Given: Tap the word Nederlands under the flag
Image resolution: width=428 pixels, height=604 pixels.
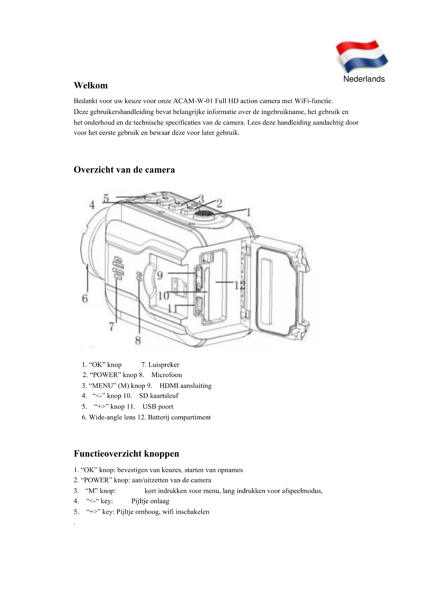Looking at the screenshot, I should click(364, 79).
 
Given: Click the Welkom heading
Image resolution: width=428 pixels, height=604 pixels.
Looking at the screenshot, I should click(91, 85).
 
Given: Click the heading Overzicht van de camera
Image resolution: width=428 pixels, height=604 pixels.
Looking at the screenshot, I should click(124, 170).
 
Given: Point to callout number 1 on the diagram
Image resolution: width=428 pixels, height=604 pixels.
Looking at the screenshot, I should click(248, 212).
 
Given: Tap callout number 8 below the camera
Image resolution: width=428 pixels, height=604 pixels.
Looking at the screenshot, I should click(138, 340).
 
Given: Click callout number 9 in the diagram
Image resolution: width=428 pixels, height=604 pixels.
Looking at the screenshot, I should click(160, 275).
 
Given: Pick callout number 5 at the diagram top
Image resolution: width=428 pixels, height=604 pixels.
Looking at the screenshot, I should click(106, 198).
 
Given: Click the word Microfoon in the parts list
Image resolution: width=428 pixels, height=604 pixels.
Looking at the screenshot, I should click(167, 375).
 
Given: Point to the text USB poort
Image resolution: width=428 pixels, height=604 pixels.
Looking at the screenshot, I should click(158, 407).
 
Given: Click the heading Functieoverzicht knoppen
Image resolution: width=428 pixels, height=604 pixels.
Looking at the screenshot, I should click(126, 454).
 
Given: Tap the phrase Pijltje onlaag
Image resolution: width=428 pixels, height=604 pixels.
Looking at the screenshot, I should click(150, 501).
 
